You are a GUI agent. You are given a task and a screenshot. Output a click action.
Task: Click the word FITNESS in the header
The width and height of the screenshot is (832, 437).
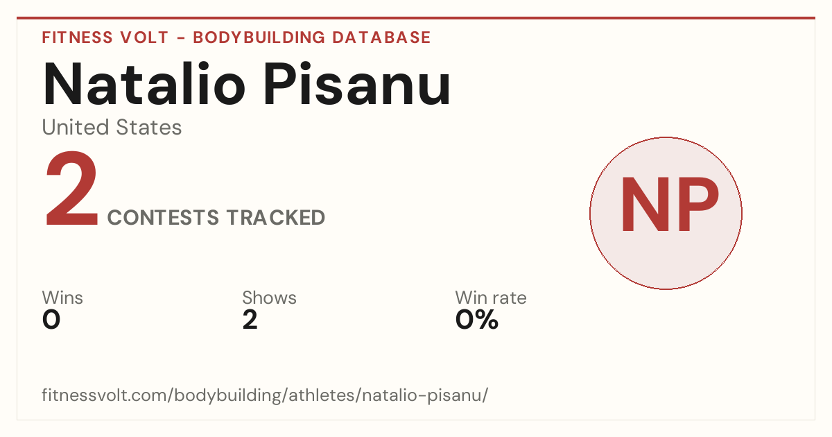[77, 37]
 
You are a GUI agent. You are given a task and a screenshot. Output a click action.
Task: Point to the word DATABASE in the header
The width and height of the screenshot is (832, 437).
[381, 37]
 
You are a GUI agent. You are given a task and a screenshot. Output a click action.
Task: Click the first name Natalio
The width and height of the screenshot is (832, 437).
[144, 84]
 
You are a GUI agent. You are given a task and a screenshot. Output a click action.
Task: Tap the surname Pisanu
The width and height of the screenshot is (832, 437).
[357, 84]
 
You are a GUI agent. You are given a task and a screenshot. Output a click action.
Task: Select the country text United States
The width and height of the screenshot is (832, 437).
[112, 127]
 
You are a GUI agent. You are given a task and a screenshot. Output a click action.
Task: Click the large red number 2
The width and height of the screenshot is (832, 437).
[71, 188]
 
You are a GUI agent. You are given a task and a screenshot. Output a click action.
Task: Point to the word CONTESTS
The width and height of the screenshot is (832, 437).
[163, 217]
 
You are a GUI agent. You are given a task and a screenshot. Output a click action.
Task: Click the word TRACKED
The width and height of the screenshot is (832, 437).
[276, 217]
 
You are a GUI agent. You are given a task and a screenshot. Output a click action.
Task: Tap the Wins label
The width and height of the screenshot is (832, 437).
[62, 298]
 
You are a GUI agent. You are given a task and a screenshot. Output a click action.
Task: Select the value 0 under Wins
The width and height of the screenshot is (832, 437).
[51, 320]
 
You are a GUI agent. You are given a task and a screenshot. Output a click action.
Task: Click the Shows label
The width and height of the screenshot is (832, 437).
[269, 298]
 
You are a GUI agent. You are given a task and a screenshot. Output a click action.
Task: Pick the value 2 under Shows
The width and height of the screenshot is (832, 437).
[250, 320]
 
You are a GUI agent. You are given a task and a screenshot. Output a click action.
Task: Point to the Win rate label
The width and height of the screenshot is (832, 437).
[491, 298]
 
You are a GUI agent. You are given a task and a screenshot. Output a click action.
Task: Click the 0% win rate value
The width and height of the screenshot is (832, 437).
[477, 320]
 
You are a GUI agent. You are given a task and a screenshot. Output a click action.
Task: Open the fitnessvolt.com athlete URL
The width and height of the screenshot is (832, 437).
[265, 395]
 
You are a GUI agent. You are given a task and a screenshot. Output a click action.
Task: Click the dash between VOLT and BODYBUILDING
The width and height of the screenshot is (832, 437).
[181, 37]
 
